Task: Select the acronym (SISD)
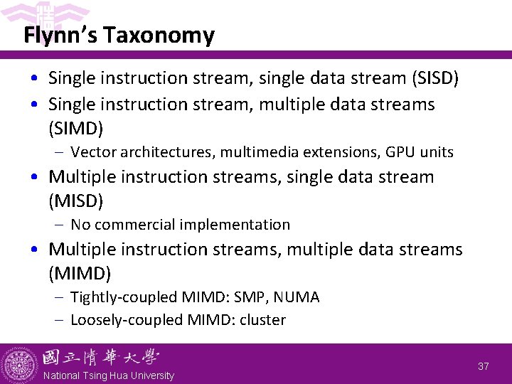point(435,78)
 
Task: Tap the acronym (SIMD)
point(75,129)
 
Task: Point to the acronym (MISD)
point(75,201)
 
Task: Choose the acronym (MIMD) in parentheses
point(79,274)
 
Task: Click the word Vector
point(95,152)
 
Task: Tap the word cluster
point(262,320)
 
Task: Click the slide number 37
point(484,366)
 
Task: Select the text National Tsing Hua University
point(108,375)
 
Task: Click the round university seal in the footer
point(19,363)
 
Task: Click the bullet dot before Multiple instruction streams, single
point(34,177)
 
